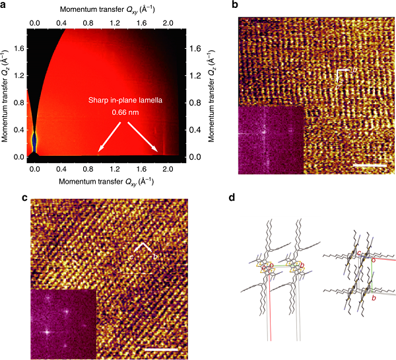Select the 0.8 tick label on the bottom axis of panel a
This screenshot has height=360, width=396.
pos(88,168)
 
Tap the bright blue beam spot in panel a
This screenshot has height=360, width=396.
pos(34,141)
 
